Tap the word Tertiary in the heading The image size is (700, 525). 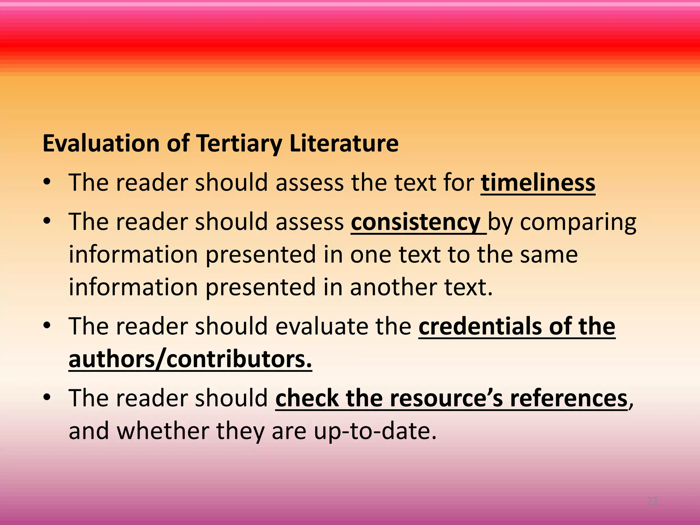coord(239,143)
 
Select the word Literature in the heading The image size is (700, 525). coord(344,143)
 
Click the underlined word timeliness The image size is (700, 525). coord(538,183)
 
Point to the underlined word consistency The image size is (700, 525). coord(416,222)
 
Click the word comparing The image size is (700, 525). coord(578,222)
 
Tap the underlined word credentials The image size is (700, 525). coord(480,326)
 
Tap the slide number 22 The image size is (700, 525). coord(652,501)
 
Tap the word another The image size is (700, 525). coord(393,287)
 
